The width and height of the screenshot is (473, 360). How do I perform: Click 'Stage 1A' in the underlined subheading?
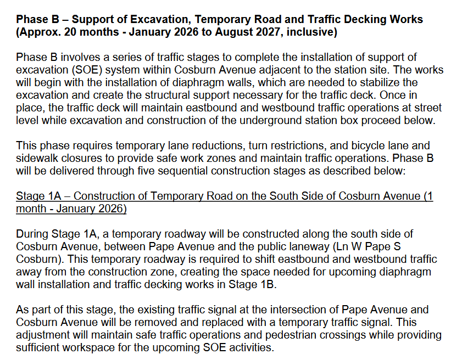click(37, 196)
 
